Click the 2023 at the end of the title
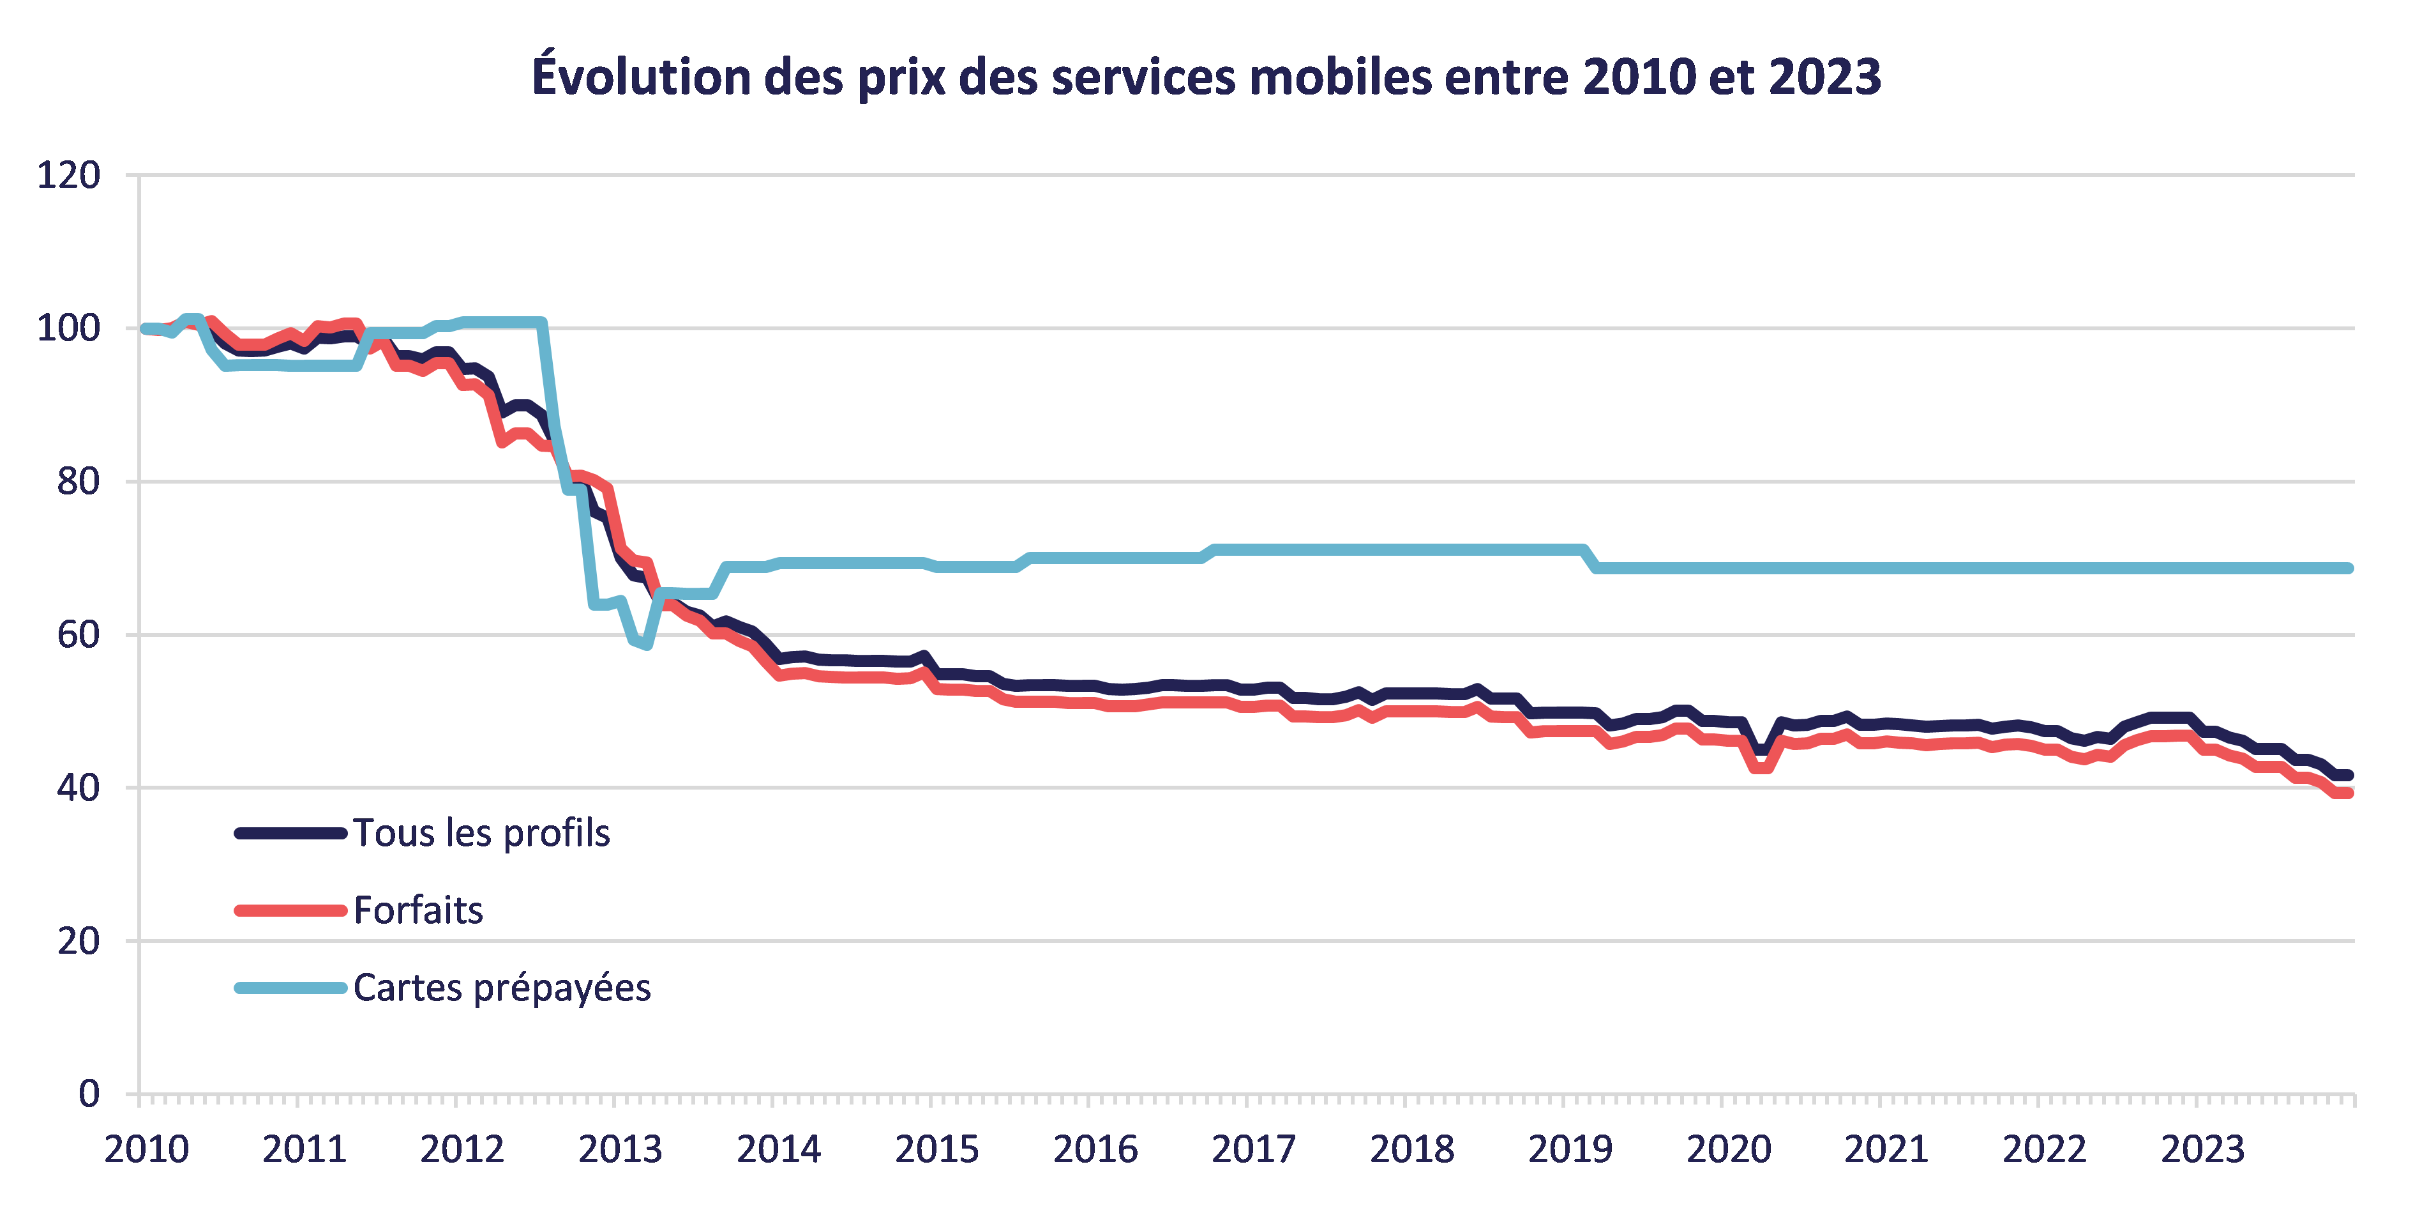pos(1824,76)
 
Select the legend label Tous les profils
pos(481,833)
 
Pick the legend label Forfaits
pos(417,910)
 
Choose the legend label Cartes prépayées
pos(502,988)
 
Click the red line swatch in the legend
pos(290,910)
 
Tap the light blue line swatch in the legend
pos(290,988)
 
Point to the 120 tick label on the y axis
pos(68,175)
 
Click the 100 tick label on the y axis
pos(68,328)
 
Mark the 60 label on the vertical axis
pos(79,634)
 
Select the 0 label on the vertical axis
pos(89,1094)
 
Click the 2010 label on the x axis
pos(147,1149)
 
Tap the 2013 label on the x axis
pos(620,1149)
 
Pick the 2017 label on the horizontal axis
pos(1253,1149)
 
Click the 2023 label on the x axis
pos(2203,1149)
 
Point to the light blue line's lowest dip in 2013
pos(646,645)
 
